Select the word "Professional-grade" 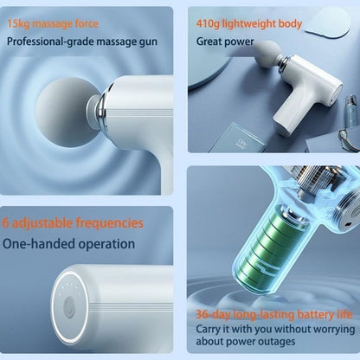coord(42,40)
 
